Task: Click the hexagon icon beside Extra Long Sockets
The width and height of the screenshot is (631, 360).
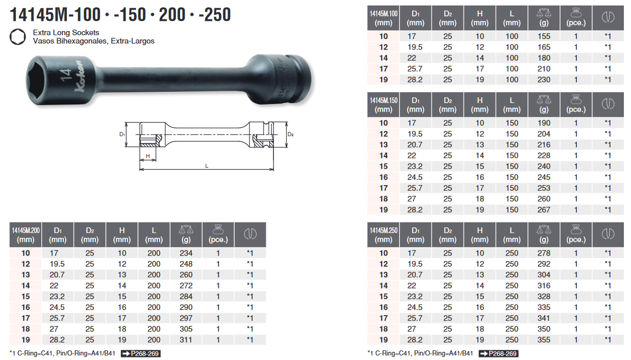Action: [x=17, y=37]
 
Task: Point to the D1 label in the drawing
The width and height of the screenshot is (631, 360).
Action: [x=122, y=135]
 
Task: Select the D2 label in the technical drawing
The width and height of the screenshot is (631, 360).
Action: [x=290, y=135]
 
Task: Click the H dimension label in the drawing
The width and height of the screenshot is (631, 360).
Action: [x=147, y=156]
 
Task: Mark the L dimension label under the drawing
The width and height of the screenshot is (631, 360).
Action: [x=207, y=166]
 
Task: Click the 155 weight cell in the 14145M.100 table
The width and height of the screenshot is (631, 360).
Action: [x=544, y=36]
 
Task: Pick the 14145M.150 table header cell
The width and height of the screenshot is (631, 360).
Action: [x=384, y=105]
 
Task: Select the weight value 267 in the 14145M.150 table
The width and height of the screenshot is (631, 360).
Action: [x=544, y=210]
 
